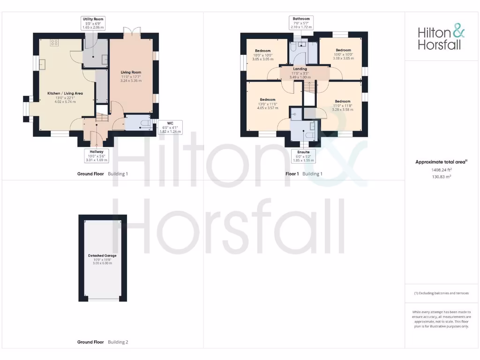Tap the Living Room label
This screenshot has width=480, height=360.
click(131, 72)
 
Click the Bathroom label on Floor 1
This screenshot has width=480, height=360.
click(301, 19)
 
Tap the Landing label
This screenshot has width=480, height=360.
click(300, 69)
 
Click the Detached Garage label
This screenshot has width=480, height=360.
click(102, 255)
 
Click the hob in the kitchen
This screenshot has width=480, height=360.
click(54, 43)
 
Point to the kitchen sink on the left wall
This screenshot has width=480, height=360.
click(42, 64)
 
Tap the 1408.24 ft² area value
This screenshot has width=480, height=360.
click(442, 170)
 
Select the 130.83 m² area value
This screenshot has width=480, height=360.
click(442, 177)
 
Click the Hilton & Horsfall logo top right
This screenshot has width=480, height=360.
click(442, 38)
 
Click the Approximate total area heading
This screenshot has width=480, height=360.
click(442, 162)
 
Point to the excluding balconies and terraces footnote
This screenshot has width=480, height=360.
click(442, 293)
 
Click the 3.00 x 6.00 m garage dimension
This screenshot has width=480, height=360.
click(102, 263)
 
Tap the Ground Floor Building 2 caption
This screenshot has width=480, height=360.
click(102, 342)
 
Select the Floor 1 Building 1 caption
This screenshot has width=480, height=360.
click(304, 174)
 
